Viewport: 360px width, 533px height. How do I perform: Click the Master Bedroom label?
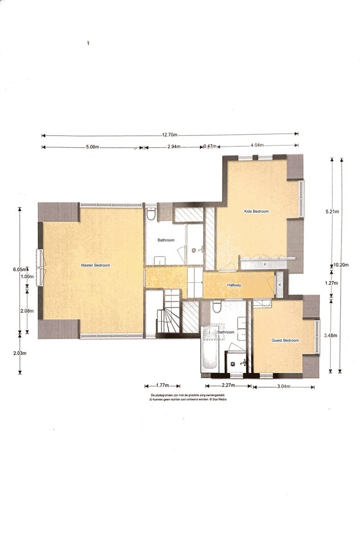[x=96, y=265]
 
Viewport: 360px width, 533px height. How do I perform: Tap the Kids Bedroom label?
[x=256, y=211]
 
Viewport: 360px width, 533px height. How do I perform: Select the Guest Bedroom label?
[x=285, y=341]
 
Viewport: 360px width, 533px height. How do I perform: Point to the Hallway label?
[x=234, y=285]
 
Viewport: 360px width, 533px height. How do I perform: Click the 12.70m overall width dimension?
[x=169, y=135]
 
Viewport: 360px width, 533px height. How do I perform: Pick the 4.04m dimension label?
[x=257, y=145]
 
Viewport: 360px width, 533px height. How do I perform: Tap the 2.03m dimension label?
[x=20, y=353]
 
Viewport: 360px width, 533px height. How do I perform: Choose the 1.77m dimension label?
[x=162, y=385]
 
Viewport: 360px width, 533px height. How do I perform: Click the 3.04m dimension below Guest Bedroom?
[x=283, y=386]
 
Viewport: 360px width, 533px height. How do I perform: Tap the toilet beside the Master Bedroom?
[x=151, y=215]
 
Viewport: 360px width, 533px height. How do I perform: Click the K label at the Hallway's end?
[x=280, y=285]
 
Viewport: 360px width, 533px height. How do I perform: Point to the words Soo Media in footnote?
[x=219, y=400]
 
